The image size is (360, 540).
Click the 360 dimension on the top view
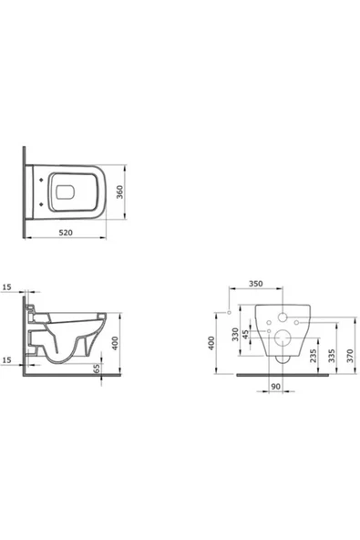click(119, 192)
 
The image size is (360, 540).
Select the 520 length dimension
click(66, 233)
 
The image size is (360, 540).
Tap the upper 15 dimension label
click(7, 286)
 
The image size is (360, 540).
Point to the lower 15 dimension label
click(7, 360)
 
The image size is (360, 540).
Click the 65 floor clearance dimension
click(97, 369)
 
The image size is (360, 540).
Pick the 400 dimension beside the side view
click(116, 343)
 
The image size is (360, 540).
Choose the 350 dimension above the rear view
click(256, 284)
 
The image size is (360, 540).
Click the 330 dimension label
click(235, 334)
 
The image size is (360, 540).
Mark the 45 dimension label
click(245, 335)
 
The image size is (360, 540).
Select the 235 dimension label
click(313, 356)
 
